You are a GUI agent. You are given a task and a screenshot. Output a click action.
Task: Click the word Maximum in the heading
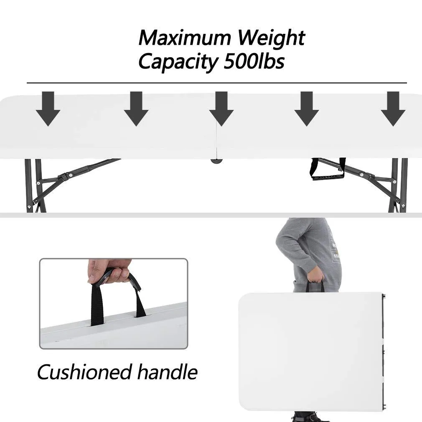coord(185,38)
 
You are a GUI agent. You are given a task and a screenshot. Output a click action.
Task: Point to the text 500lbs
coord(254,61)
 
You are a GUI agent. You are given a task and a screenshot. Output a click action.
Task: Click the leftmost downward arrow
coord(48,109)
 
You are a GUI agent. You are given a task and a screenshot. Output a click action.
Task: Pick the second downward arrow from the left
coord(136,109)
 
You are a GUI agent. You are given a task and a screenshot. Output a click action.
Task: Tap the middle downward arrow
coord(221,109)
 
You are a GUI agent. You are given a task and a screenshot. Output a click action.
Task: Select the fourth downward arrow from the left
coord(307,109)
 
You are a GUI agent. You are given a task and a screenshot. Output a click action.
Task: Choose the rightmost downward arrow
coord(393,109)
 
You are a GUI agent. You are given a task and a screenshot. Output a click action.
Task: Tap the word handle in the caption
coord(168,372)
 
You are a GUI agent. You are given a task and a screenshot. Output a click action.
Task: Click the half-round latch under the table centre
coord(217,161)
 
